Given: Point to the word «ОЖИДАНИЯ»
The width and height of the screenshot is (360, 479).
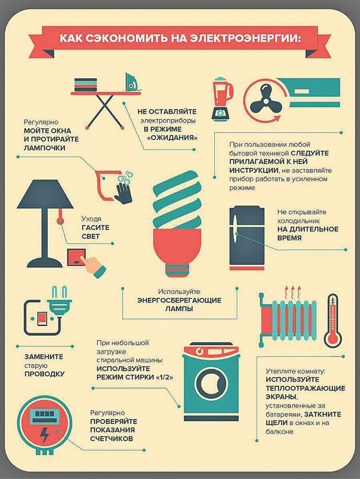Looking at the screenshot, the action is point(172,138).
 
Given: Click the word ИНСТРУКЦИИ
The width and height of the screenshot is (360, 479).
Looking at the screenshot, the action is point(254,170).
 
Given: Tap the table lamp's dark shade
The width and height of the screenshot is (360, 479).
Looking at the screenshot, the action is point(45,194).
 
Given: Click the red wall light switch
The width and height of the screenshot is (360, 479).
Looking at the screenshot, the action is point(76,257).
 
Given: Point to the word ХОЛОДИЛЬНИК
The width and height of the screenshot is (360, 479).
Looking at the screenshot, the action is point(298,221).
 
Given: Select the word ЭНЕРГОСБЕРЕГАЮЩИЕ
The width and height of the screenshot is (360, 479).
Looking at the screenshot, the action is point(179,300).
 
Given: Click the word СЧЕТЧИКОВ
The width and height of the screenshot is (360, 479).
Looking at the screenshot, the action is point(112,439).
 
